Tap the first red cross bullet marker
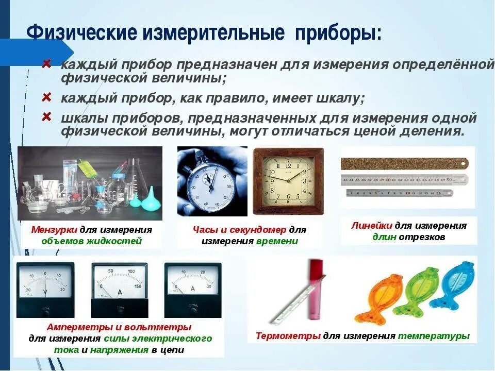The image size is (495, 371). click(x=46, y=64)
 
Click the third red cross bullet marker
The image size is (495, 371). click(x=46, y=117)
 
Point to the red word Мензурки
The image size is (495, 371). click(x=54, y=229)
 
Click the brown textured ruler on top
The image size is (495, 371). click(x=404, y=164)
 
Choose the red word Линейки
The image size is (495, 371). click(x=372, y=226)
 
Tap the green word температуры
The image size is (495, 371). click(x=434, y=336)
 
